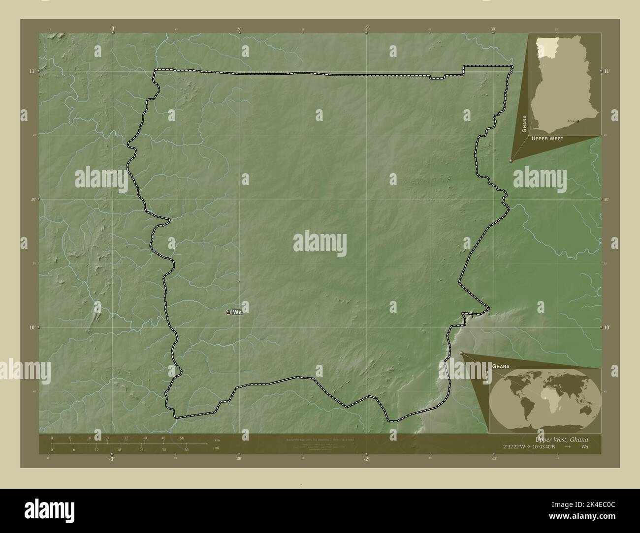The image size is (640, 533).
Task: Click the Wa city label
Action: (238, 312)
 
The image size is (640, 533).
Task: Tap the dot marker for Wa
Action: (228, 312)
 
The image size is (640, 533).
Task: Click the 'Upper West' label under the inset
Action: (547, 139)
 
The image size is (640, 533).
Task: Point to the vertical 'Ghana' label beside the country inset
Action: (525, 124)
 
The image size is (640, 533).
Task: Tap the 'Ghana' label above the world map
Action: (501, 367)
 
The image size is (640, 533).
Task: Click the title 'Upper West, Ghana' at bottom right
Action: (561, 439)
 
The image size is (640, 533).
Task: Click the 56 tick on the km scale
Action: (182, 438)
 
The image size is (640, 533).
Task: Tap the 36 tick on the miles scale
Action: (187, 449)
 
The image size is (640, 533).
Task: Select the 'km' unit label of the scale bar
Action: (217, 439)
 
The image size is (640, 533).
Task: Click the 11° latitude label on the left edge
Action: (32, 71)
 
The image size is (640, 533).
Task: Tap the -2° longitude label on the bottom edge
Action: (366, 459)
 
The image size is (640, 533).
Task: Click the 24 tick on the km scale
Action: (108, 438)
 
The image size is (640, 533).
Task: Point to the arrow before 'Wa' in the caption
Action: (568, 447)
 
